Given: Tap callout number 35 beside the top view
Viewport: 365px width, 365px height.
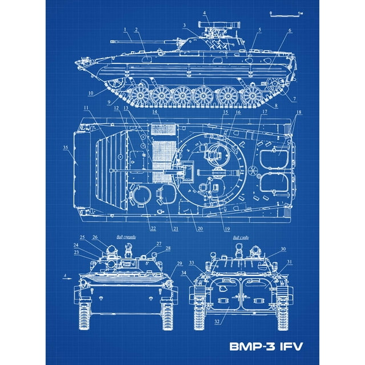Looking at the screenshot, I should tap(66, 148).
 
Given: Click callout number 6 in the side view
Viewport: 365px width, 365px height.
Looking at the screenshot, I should tap(290, 30).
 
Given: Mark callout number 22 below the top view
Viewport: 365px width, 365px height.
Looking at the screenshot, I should tap(153, 229).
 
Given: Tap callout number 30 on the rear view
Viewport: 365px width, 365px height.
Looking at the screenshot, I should tap(283, 249).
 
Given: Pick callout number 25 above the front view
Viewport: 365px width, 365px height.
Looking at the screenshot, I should tap(82, 237).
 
